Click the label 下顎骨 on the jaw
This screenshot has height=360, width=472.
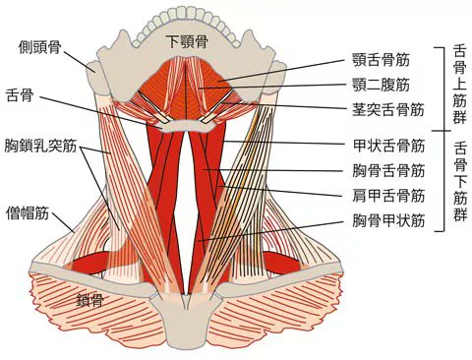(187, 42)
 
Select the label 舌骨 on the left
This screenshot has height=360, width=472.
(20, 95)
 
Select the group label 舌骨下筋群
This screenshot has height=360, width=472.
(460, 182)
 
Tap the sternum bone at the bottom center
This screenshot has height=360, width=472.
(193, 315)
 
